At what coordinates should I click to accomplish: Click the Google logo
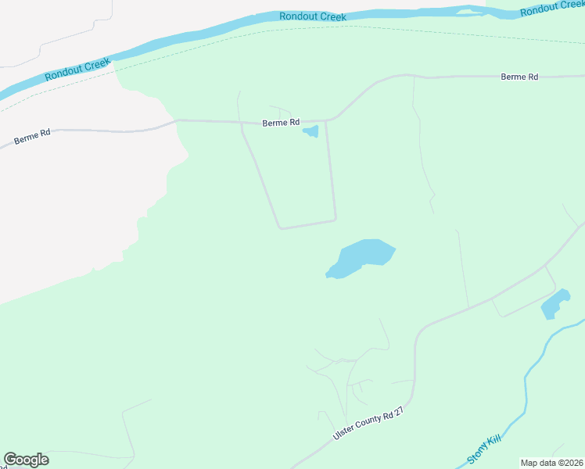tap(26, 460)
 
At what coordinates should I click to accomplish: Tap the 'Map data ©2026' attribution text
tap(552, 463)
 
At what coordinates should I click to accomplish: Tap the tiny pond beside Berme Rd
tap(310, 131)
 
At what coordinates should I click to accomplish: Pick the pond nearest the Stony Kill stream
tap(554, 305)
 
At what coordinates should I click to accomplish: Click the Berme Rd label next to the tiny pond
tap(281, 123)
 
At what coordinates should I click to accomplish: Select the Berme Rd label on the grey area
tap(32, 137)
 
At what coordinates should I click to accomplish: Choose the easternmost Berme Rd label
tap(519, 77)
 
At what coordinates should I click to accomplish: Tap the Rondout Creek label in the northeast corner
tap(551, 9)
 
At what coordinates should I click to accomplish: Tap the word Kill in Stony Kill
tap(493, 443)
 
